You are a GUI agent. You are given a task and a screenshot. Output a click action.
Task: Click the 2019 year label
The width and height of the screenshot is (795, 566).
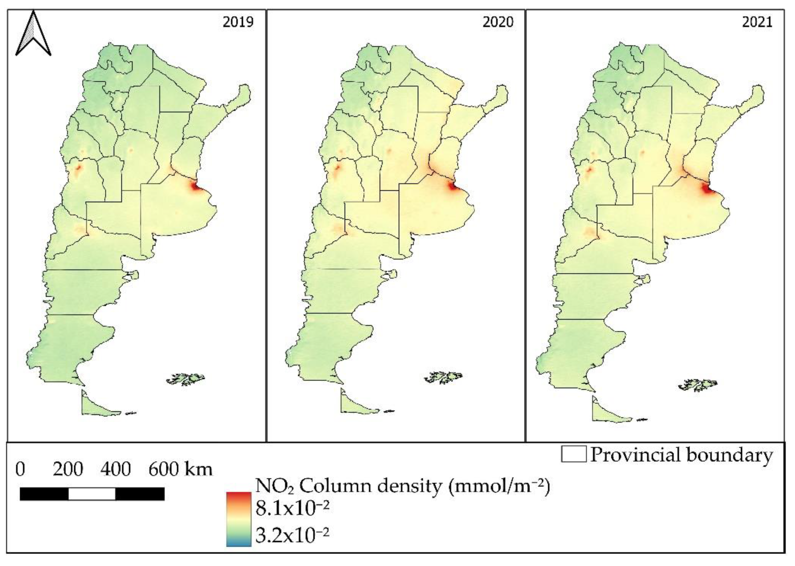click(238, 22)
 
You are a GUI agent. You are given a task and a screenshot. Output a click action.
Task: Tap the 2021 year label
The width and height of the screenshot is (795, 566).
click(757, 22)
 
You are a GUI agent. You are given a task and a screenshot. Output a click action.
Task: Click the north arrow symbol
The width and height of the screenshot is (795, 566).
click(34, 34)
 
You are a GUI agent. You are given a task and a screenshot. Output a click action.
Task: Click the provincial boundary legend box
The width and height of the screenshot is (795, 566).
click(573, 455)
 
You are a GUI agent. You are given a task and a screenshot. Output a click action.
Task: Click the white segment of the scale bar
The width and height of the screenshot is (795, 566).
click(92, 494)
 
